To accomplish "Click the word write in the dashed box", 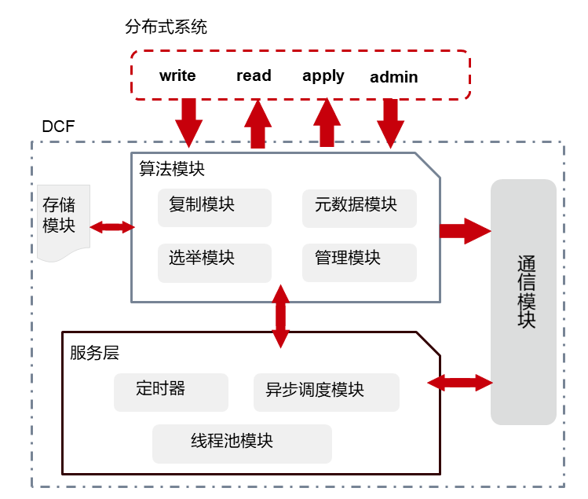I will tap(177, 76).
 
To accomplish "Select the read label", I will tap(254, 75).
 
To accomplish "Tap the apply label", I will tap(323, 76).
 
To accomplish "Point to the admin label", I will tap(394, 77).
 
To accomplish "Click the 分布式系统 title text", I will tap(166, 28).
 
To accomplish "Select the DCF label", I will tap(58, 127).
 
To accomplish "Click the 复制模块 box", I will tap(214, 207).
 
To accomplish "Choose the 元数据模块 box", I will tap(360, 207).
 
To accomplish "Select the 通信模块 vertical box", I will tap(524, 302).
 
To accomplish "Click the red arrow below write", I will tap(188, 123).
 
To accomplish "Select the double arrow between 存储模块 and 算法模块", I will tap(112, 227).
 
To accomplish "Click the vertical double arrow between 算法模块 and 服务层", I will tap(279, 316).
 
